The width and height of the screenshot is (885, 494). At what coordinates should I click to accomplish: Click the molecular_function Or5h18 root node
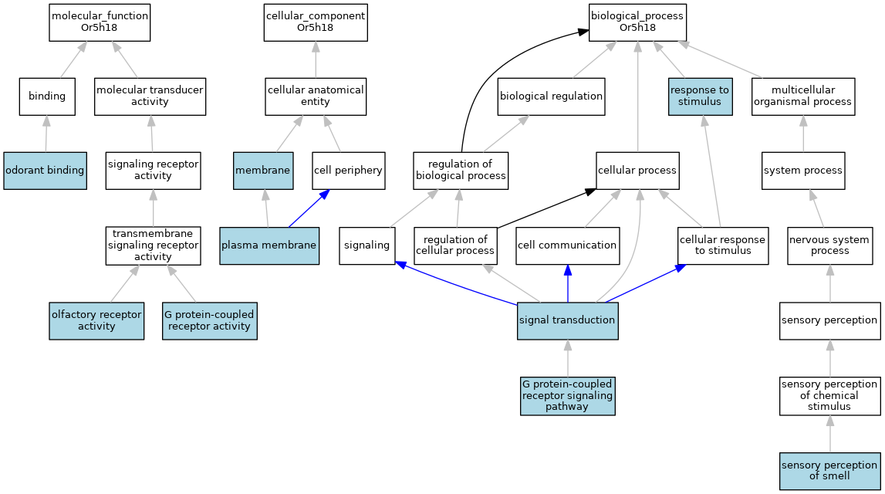100,22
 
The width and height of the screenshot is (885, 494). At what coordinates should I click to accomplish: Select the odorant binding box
45,170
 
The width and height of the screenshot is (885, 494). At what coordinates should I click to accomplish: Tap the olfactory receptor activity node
96,320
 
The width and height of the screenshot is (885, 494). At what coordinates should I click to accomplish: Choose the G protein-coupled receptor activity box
208,320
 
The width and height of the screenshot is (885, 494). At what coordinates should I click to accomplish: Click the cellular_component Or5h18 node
315,22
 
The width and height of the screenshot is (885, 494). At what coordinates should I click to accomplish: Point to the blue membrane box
263,170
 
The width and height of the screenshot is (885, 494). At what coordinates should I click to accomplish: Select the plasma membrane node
269,245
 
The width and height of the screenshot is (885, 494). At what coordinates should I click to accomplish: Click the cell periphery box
348,170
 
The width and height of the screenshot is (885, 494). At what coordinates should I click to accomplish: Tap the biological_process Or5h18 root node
637,22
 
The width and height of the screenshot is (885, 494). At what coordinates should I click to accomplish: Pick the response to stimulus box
700,96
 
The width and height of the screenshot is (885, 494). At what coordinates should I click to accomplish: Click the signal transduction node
568,320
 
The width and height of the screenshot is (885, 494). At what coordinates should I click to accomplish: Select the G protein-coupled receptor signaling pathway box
568,395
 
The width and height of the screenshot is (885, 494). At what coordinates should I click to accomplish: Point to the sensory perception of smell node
830,470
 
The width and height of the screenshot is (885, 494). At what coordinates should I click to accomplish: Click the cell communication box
568,245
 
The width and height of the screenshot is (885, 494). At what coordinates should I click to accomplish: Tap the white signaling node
367,245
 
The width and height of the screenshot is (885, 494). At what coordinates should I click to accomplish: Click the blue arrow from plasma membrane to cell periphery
306,208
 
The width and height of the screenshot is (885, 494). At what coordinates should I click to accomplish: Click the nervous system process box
830,245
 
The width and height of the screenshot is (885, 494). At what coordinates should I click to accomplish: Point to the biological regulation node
551,96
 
